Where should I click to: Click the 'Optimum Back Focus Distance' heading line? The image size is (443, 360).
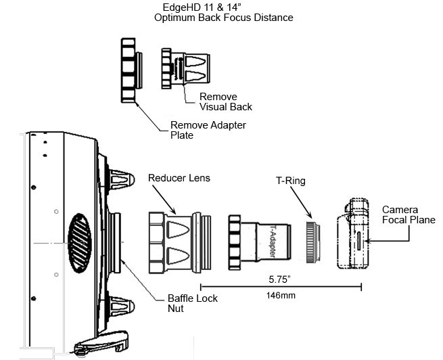coord(223,18)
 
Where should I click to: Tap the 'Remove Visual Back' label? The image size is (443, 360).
coord(225,102)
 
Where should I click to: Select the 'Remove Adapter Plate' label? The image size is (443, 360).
coord(208,130)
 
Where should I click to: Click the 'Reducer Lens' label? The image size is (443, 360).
coord(179,178)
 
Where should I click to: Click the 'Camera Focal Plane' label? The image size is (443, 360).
coord(408,214)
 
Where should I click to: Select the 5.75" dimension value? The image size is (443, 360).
coord(280,279)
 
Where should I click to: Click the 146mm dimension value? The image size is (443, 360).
coord(280,295)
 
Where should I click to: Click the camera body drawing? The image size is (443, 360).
coord(354,233)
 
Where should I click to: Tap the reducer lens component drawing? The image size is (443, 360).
coord(179,240)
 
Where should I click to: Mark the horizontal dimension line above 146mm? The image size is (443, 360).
coord(280,286)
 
